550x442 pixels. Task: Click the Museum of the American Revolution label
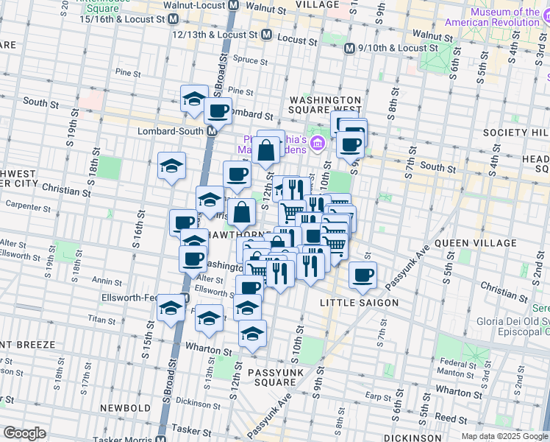(504, 18)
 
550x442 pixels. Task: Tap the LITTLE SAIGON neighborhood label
(359, 303)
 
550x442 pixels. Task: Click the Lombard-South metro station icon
(212, 130)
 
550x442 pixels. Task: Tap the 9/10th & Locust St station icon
(351, 48)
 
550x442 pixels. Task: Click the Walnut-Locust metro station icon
(233, 5)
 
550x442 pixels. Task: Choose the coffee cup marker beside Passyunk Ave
(362, 276)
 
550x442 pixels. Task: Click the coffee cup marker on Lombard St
(218, 111)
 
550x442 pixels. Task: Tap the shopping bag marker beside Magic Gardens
(265, 150)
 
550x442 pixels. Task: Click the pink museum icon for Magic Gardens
(318, 142)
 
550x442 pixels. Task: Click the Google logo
(25, 433)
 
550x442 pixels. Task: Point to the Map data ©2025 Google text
(504, 436)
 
